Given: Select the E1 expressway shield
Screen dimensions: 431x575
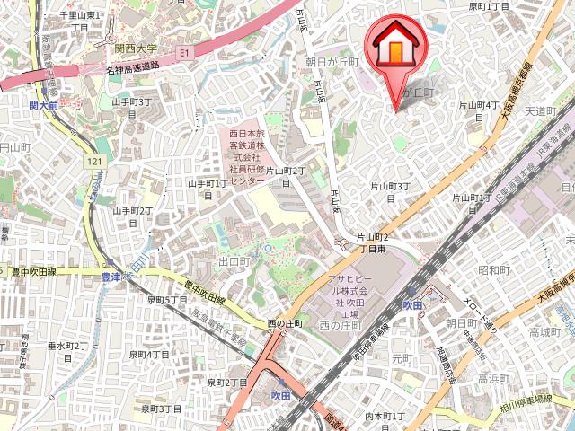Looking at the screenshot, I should coord(185,53).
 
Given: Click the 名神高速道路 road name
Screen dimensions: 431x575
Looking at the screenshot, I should coord(132,66).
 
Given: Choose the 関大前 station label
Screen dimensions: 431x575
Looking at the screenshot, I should coord(43,105).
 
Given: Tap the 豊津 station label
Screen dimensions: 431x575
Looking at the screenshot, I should coord(111,277).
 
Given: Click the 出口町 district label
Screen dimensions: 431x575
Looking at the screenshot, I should coord(233,262).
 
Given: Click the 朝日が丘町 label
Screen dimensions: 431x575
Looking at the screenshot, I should coord(332,62).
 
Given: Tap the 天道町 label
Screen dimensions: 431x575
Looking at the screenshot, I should coord(542,110).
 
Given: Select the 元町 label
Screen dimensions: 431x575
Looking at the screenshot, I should coord(402,358).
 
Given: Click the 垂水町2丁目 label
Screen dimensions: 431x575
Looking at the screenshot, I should coord(67,351).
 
